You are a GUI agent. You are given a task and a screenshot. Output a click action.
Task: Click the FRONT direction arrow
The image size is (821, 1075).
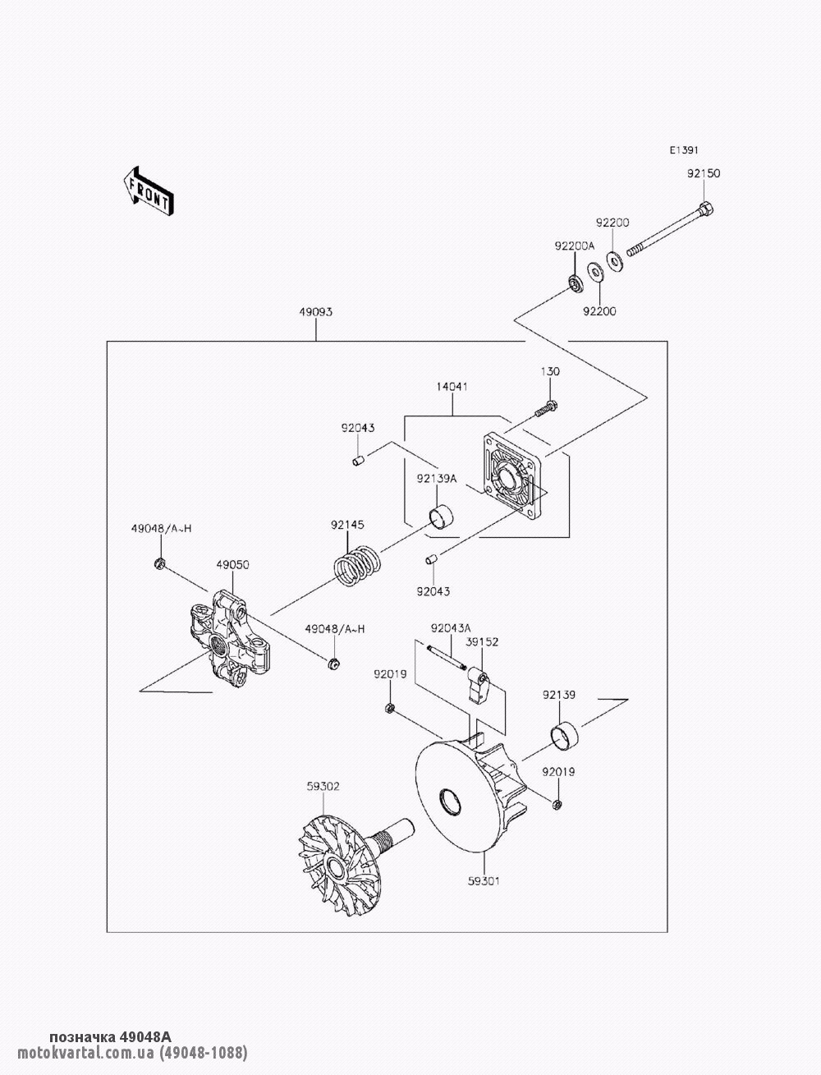(x=148, y=191)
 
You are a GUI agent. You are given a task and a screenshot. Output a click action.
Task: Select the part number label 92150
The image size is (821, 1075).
(x=704, y=174)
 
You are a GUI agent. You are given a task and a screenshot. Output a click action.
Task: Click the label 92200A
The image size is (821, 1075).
(x=574, y=246)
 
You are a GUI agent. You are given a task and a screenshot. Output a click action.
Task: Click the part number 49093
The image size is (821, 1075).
(x=315, y=312)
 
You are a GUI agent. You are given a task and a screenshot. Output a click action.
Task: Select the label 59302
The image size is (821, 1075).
(x=300, y=786)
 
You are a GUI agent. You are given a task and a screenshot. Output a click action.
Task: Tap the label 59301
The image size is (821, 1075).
(x=484, y=881)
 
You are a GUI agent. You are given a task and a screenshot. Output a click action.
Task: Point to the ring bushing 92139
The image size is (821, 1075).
(x=564, y=735)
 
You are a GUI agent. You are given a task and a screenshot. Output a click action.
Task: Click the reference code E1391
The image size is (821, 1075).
(x=683, y=150)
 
